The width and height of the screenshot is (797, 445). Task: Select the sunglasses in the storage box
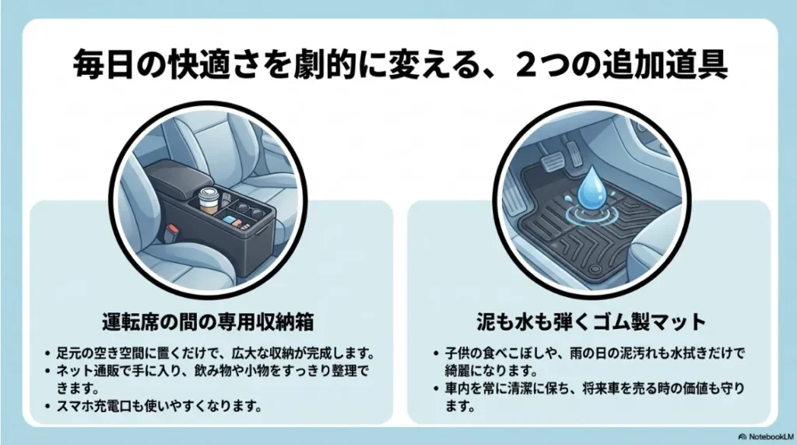[x=245, y=209]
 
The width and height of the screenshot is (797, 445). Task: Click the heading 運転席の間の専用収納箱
[x=210, y=321]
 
